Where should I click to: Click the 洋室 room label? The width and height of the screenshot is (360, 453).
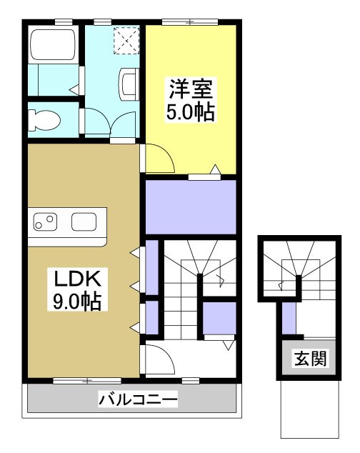(191, 91)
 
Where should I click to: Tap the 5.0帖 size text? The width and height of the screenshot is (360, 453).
(191, 114)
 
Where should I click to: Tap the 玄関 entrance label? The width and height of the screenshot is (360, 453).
(309, 357)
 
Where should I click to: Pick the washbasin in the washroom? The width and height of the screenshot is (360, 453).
(129, 81)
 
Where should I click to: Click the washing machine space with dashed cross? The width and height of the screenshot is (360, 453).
(128, 39)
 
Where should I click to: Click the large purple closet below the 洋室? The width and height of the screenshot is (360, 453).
(191, 207)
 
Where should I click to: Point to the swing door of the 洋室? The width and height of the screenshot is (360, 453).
(159, 158)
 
